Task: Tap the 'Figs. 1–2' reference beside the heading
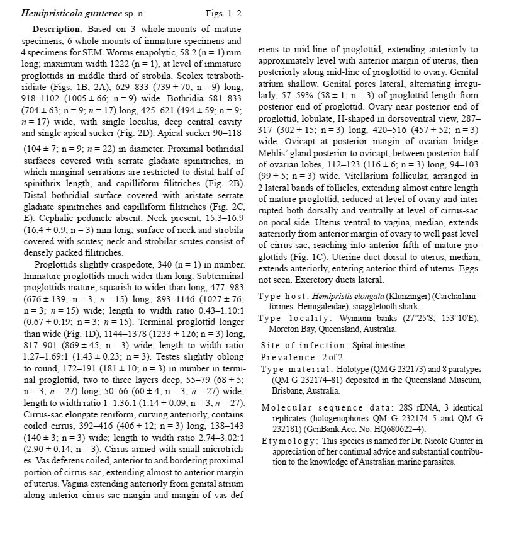click(x=223, y=13)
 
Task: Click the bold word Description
click(x=57, y=30)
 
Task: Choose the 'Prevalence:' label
click(x=286, y=357)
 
